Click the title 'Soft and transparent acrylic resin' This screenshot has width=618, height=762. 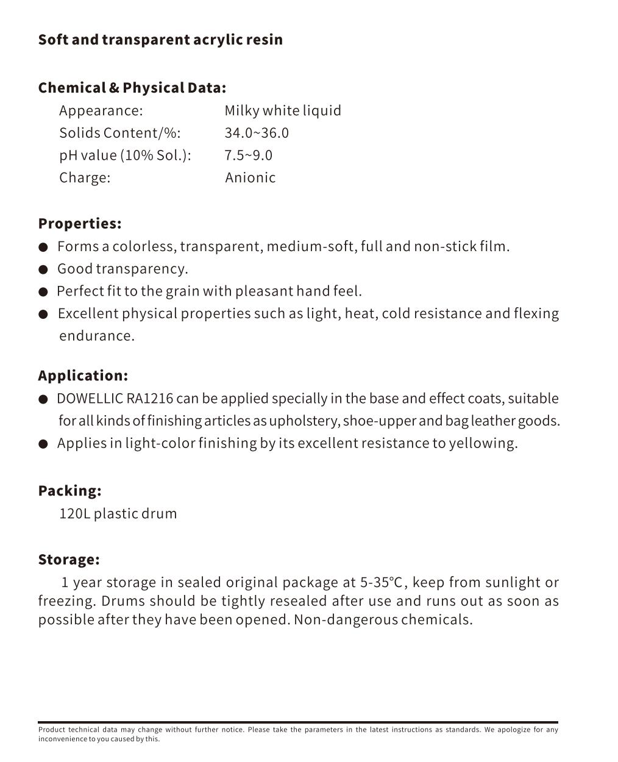tap(160, 40)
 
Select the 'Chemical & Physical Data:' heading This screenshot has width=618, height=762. tap(132, 88)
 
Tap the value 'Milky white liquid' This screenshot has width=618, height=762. tap(283, 111)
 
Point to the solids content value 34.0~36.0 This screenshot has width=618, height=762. tap(257, 133)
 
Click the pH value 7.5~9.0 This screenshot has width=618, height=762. tap(248, 155)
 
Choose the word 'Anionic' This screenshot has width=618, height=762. tap(250, 178)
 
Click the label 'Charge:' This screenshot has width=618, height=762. tap(85, 178)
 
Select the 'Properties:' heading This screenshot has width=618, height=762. tap(80, 224)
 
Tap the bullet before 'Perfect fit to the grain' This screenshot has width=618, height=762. tap(43, 292)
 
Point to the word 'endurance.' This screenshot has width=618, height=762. tap(96, 336)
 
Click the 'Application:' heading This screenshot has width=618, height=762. tap(83, 376)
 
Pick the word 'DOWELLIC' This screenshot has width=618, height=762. tap(90, 399)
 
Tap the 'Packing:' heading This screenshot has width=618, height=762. tap(69, 491)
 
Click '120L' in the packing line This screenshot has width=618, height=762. tap(74, 514)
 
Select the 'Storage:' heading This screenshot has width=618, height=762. tap(69, 560)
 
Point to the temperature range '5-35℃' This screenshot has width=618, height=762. tap(382, 583)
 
